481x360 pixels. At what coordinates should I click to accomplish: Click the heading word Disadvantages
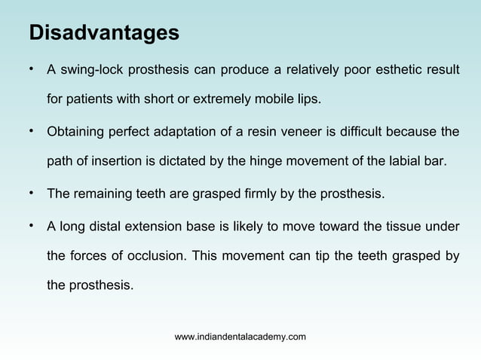pyautogui.click(x=103, y=34)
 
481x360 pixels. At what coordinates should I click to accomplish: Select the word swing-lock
pyautogui.click(x=93, y=71)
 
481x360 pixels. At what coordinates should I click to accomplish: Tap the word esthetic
pyautogui.click(x=397, y=71)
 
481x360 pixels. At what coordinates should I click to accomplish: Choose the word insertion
pyautogui.click(x=136, y=160)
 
